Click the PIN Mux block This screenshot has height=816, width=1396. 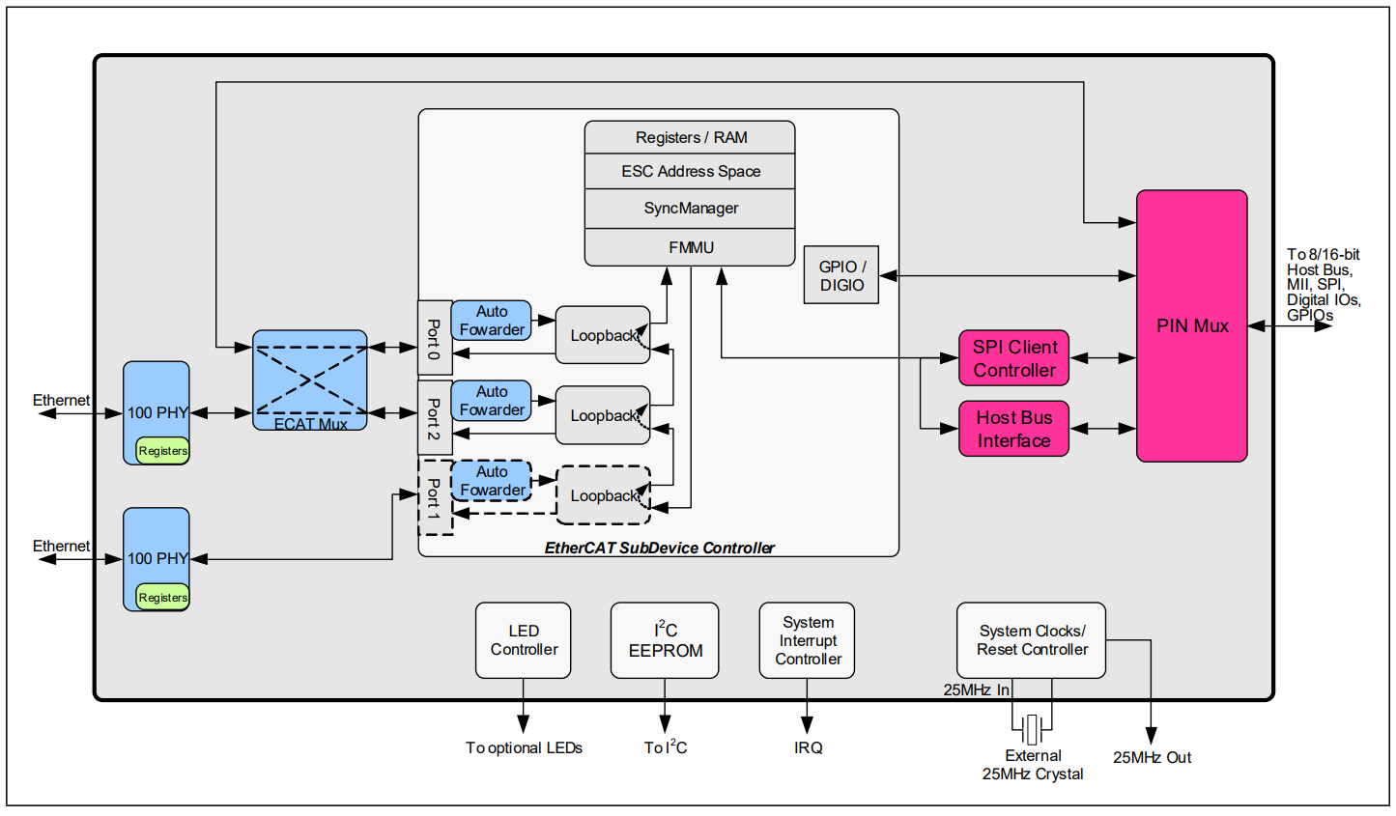(1191, 325)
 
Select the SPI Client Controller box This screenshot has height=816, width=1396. (1013, 358)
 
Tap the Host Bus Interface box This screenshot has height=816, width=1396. (1013, 429)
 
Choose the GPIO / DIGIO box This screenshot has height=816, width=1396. (841, 275)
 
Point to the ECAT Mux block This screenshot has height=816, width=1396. (309, 380)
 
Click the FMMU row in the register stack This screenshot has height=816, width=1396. (690, 247)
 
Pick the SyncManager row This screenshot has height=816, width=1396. (690, 209)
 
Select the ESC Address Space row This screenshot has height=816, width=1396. (690, 171)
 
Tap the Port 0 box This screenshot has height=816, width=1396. (434, 338)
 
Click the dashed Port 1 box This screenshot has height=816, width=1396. (434, 497)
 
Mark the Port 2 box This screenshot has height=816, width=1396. (434, 418)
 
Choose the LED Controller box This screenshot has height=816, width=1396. (523, 640)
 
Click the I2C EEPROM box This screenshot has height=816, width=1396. (665, 640)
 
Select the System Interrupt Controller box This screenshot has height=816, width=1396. (807, 640)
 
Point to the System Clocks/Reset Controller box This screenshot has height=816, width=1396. (1031, 640)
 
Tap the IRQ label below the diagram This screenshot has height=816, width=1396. (808, 748)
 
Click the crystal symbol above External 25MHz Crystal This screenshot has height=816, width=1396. (1032, 729)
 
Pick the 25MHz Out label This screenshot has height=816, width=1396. (1152, 758)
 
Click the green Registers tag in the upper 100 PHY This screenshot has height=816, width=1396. (162, 451)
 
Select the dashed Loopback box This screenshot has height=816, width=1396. (603, 495)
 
